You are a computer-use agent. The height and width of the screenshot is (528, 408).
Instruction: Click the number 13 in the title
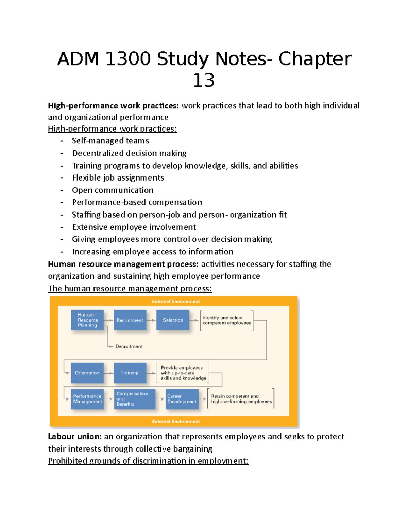(x=204, y=81)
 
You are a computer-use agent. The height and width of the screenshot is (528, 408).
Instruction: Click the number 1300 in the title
(x=128, y=59)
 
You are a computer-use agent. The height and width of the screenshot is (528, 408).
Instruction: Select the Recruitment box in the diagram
(x=130, y=320)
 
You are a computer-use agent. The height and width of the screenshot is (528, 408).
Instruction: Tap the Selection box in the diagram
(x=173, y=320)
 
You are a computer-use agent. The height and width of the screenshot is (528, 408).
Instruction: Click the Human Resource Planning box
(x=87, y=320)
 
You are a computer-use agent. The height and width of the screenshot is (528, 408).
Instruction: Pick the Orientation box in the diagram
(x=87, y=373)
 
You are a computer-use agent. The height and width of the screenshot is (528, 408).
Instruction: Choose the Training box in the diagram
(x=130, y=373)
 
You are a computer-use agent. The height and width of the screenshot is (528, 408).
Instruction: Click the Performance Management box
(x=87, y=399)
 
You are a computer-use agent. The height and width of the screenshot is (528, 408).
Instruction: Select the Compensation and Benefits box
(x=134, y=399)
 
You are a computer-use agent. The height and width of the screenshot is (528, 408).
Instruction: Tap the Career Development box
(x=182, y=399)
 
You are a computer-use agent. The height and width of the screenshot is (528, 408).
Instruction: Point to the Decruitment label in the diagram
(x=129, y=346)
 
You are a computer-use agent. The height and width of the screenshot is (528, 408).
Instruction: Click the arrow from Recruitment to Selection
(x=151, y=320)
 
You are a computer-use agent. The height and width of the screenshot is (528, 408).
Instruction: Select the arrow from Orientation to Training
(x=108, y=373)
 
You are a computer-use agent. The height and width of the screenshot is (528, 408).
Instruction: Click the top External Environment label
(x=176, y=301)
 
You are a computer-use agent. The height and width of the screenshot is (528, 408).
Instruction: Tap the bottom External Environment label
(x=176, y=421)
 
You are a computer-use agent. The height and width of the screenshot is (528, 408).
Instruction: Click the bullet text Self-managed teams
(x=111, y=141)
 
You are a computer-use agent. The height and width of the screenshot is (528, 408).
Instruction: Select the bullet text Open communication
(x=113, y=190)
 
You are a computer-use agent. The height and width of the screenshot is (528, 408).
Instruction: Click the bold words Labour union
(x=74, y=436)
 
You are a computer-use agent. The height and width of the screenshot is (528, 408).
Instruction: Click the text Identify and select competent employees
(x=226, y=320)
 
